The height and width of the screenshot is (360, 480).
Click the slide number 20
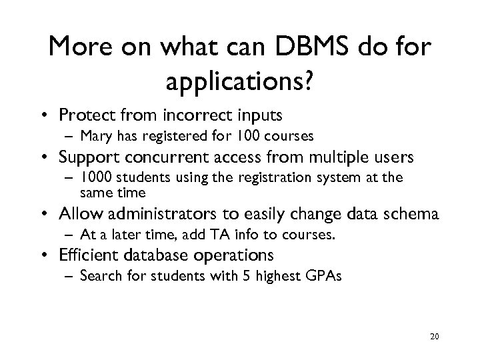pyautogui.click(x=434, y=337)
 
